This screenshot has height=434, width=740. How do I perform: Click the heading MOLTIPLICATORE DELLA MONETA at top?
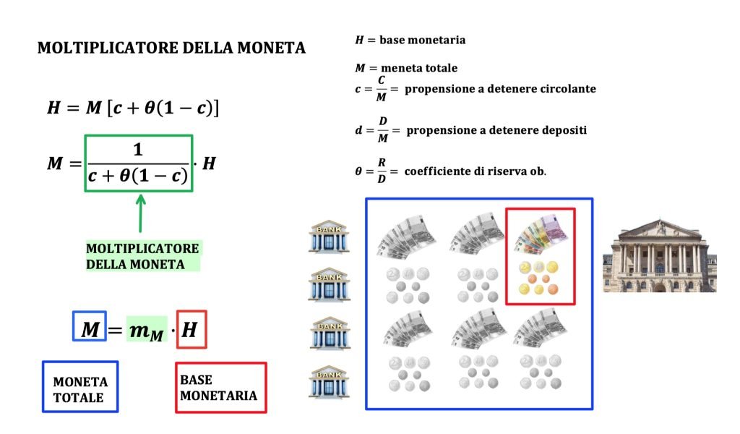point(171,48)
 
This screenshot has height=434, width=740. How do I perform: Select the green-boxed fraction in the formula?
point(139,163)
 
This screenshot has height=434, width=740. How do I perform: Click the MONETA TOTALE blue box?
point(79,388)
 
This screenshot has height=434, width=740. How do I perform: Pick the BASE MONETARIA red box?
point(220,388)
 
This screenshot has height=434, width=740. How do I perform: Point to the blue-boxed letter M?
point(90,330)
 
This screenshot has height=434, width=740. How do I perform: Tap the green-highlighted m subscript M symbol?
point(147,331)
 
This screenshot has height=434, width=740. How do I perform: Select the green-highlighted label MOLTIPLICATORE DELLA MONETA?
point(142,256)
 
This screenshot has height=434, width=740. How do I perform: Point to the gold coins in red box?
point(540,278)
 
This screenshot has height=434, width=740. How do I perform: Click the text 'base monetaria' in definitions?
point(422,40)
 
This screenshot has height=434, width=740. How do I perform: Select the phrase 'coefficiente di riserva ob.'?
point(475,171)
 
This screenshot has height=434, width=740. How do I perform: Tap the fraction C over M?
point(381,89)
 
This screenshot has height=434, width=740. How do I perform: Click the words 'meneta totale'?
point(418,68)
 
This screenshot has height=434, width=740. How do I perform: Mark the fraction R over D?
point(381,172)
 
